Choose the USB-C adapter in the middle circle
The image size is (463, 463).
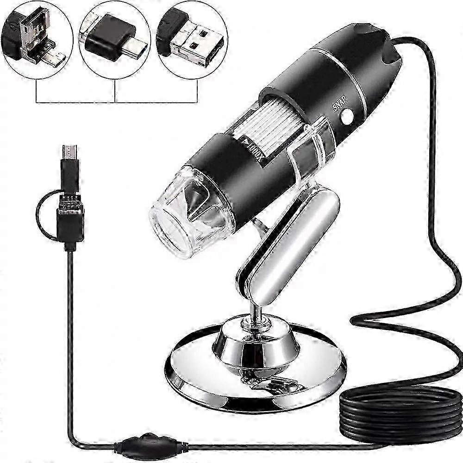point(111,37)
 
